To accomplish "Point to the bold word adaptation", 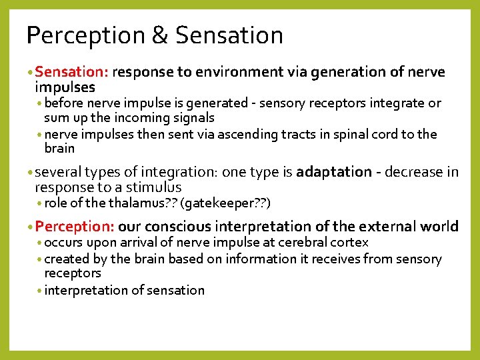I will coord(333,172).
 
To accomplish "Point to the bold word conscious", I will coord(175,227).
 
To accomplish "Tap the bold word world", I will coord(439,227).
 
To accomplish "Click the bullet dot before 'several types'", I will coord(31,173).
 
